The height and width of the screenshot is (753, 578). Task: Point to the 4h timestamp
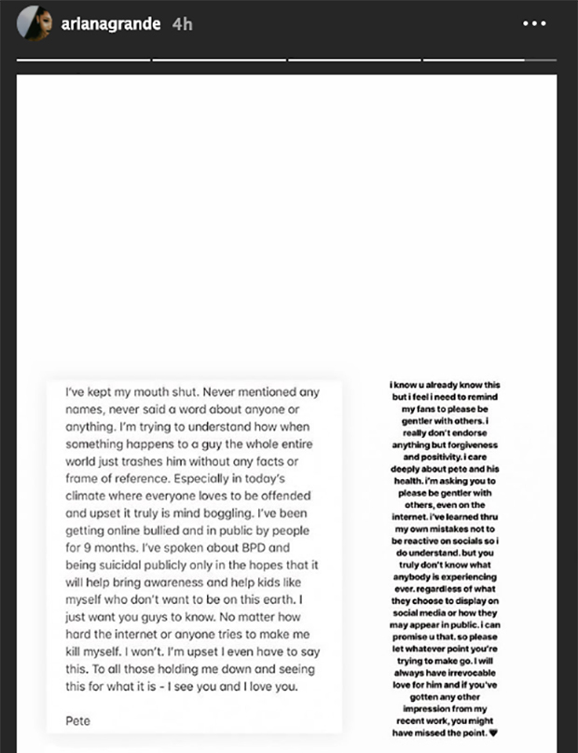182,24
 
